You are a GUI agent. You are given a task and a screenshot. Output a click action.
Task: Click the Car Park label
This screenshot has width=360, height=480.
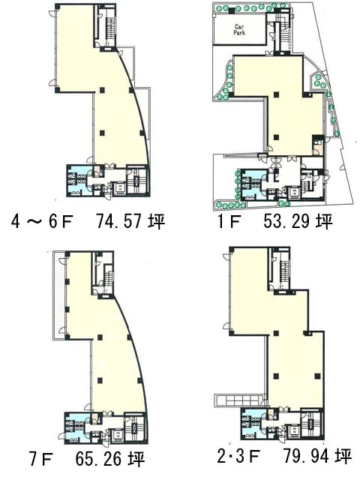pyautogui.click(x=239, y=30)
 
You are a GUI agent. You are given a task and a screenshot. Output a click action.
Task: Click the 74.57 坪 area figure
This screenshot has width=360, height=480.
pyautogui.click(x=130, y=221)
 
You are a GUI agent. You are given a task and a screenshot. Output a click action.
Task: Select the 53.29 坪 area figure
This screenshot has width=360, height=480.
pyautogui.click(x=298, y=221)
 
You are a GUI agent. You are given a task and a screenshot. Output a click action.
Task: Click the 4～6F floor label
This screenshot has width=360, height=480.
pyautogui.click(x=42, y=221)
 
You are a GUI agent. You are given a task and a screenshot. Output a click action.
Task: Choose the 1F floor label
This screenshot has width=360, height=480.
pyautogui.click(x=228, y=221)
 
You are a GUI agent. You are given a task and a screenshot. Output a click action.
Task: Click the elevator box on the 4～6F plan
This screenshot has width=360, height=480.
pyautogui.click(x=118, y=188)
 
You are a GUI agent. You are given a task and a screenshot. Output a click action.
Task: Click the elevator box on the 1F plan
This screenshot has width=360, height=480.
pyautogui.click(x=293, y=193)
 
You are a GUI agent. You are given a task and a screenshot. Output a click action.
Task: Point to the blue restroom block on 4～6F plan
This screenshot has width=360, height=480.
pyautogui.click(x=77, y=181)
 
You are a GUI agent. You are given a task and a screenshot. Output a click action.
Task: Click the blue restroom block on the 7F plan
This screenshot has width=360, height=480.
pyautogui.click(x=76, y=427)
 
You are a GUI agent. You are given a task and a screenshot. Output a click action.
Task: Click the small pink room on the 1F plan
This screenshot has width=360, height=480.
pyautogui.click(x=316, y=150)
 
